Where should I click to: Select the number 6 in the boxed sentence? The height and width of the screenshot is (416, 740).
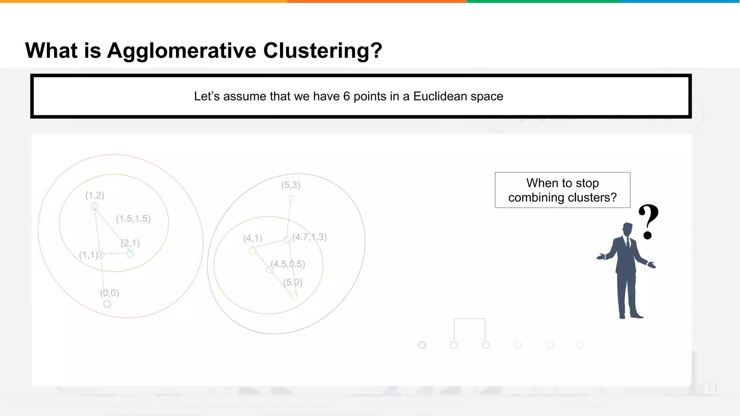(346, 96)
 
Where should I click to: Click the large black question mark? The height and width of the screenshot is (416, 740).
(649, 221)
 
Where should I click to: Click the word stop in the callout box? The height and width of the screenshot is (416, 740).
(587, 183)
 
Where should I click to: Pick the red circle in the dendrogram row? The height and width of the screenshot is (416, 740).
(422, 345)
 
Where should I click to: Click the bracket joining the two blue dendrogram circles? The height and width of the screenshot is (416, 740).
(470, 319)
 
